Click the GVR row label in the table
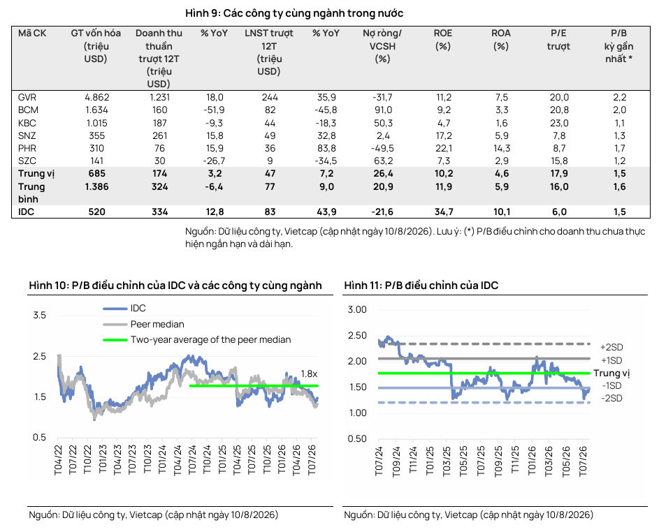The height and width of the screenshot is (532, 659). (27, 98)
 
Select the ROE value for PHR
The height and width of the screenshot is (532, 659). (444, 148)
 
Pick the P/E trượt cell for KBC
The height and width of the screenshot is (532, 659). (559, 123)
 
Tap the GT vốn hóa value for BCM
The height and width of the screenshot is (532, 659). (96, 110)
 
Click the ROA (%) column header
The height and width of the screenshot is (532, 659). (501, 40)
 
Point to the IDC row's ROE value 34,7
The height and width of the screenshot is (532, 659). (444, 212)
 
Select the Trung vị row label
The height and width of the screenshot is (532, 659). (36, 174)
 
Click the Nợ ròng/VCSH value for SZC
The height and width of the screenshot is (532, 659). (383, 161)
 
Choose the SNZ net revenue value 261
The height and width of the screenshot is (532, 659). (159, 135)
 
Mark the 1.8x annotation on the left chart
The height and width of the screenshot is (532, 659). (310, 374)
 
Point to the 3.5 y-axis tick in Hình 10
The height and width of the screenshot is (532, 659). (40, 316)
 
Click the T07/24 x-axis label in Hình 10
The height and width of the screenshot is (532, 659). (192, 460)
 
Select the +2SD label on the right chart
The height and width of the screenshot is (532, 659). (611, 347)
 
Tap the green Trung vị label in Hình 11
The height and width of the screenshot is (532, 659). (611, 374)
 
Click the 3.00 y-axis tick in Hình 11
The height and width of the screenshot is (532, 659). (357, 310)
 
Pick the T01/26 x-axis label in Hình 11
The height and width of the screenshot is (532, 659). (532, 461)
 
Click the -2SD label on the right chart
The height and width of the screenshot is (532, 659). (612, 398)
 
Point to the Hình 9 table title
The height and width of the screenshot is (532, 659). (294, 13)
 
